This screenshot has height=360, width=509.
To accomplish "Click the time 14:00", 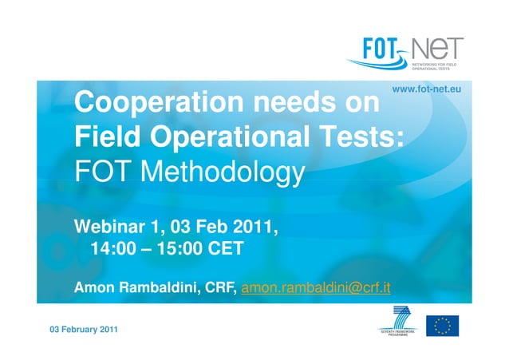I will pos(113,249).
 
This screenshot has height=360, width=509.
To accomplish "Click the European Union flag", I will pos(442,325).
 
